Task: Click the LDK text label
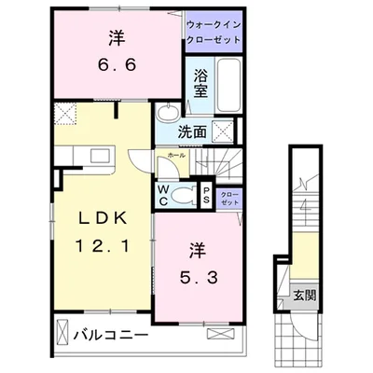(96, 219)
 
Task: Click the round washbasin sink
(166, 114)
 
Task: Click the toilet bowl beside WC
(178, 195)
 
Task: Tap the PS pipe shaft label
(205, 194)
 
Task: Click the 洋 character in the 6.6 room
(116, 38)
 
